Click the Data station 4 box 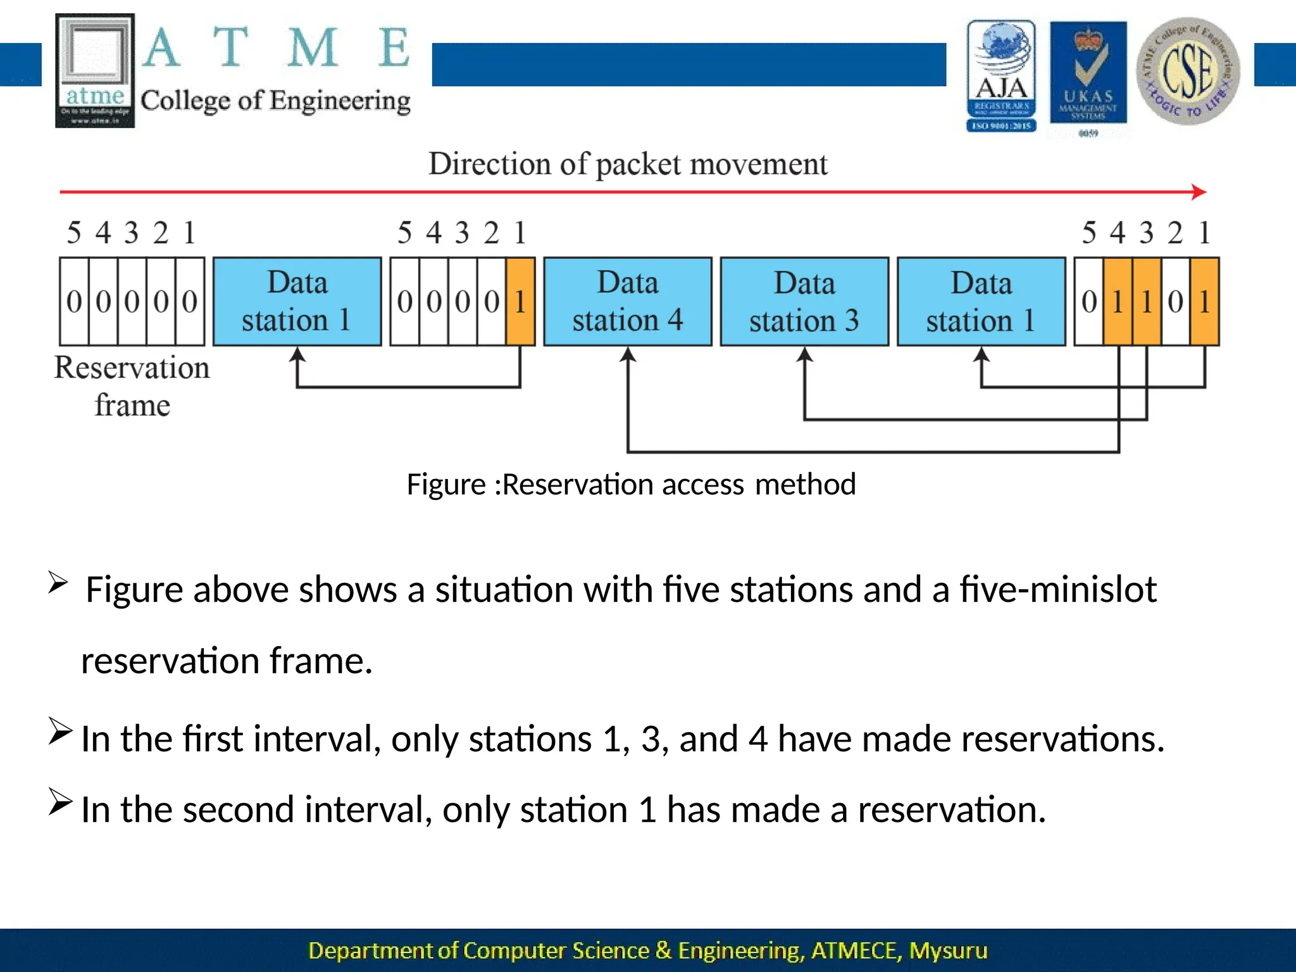tap(627, 301)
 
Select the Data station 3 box tap(804, 301)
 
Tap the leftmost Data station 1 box tap(297, 301)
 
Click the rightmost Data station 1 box tap(981, 301)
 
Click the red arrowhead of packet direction tap(1199, 192)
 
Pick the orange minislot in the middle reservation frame tap(520, 301)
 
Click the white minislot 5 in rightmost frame tap(1089, 301)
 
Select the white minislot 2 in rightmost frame tap(1175, 301)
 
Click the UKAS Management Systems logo tap(1088, 73)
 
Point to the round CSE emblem tap(1188, 71)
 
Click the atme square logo tap(95, 70)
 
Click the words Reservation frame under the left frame tap(132, 385)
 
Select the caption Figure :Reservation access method tap(630, 485)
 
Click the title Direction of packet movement tap(627, 164)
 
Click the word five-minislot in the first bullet tap(1058, 589)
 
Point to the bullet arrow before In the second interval tap(60, 802)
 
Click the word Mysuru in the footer tap(948, 950)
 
